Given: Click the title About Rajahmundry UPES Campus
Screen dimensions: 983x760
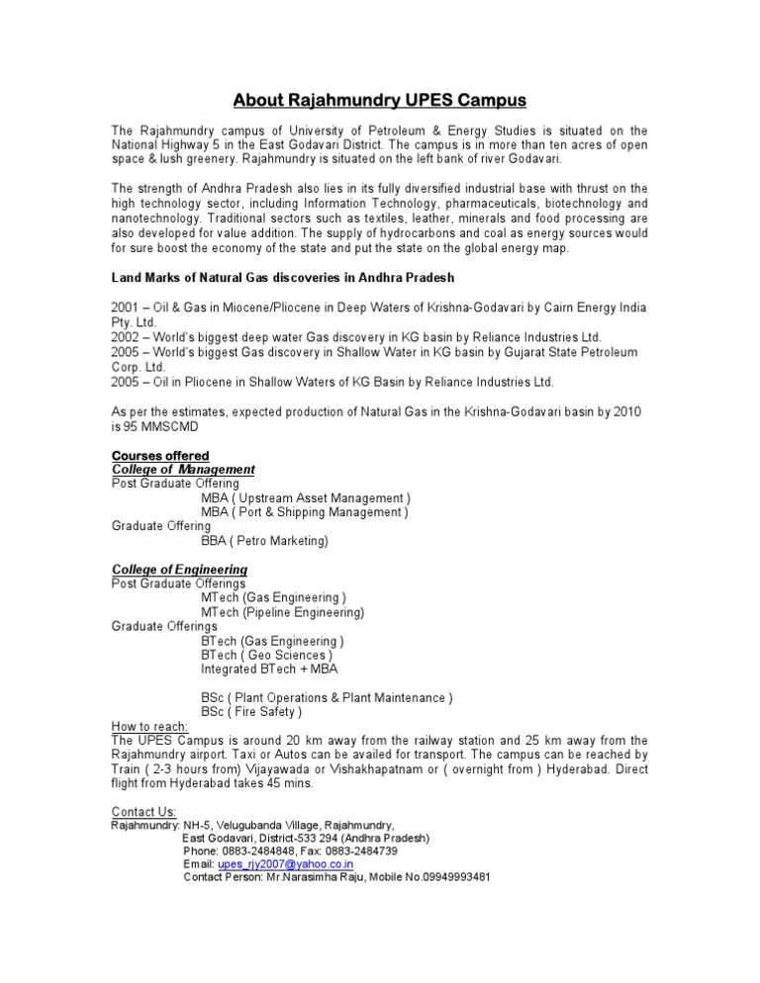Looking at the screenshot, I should point(380,101).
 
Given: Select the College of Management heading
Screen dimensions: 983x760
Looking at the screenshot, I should point(183,469).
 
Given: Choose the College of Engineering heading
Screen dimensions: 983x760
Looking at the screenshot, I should point(179,570).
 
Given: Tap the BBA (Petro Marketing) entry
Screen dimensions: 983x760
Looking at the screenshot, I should point(264,541).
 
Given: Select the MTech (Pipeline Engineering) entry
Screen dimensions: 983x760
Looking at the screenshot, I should point(282,612).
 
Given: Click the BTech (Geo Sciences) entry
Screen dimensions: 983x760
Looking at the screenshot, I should point(266,655).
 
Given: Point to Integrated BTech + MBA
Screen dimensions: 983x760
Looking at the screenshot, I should point(269,670).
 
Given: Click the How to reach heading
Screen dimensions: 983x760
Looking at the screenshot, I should point(149,726).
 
